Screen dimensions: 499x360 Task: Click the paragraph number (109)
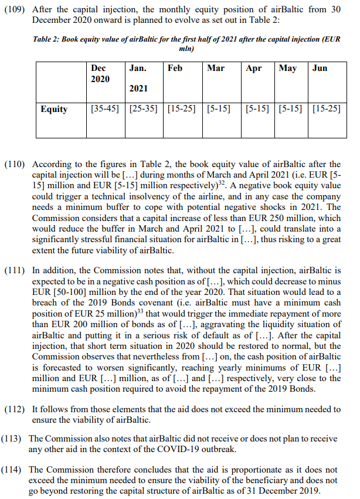16,10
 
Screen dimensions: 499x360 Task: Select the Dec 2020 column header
100,73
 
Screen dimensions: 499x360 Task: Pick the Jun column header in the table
320,68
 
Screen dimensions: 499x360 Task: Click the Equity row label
54,109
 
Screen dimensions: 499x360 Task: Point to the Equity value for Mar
219,109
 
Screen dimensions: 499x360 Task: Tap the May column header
288,68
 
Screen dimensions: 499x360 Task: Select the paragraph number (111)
16,270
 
